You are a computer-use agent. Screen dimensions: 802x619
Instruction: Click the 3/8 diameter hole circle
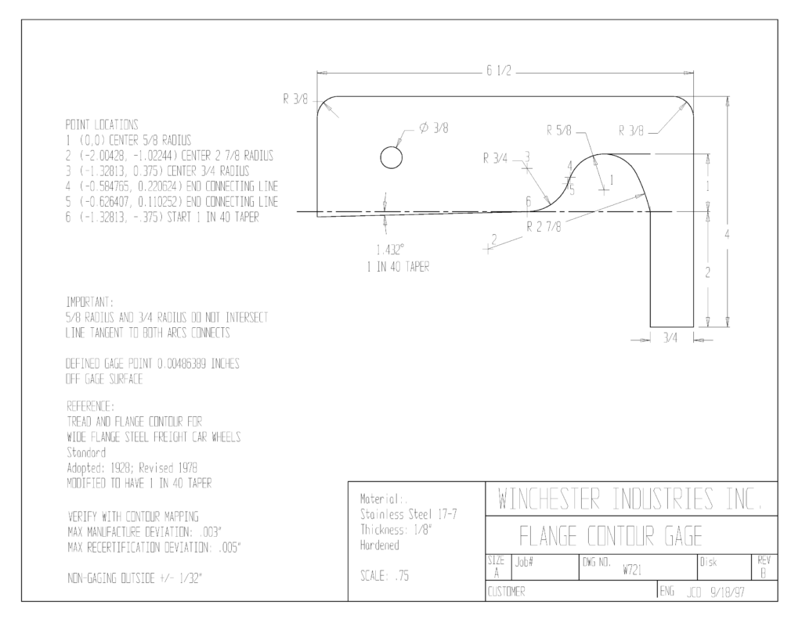tap(392, 146)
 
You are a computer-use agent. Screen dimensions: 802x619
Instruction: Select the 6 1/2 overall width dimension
tap(499, 71)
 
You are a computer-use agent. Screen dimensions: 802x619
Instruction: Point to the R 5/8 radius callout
tap(558, 131)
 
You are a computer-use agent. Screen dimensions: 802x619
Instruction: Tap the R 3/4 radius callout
tap(495, 158)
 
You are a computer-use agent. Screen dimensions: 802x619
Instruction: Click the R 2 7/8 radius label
tap(544, 226)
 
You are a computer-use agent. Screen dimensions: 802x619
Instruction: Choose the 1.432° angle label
tap(390, 250)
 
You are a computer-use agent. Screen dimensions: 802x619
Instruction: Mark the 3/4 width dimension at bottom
tap(670, 338)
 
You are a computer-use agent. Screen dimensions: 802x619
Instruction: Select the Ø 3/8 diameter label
tap(434, 128)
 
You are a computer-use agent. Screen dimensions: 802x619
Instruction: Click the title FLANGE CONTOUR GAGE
tap(610, 536)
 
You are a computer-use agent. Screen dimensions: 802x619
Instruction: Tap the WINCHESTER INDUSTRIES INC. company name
tap(630, 499)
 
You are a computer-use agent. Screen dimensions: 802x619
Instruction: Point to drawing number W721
tap(632, 570)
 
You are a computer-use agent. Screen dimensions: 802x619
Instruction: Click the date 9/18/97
tap(728, 592)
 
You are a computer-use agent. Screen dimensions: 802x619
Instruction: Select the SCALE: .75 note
tap(385, 576)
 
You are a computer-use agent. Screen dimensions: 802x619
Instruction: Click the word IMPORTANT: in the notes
tap(90, 301)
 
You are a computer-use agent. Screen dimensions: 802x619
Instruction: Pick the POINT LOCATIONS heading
tap(102, 124)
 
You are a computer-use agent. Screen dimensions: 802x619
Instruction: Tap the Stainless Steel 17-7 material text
tap(409, 514)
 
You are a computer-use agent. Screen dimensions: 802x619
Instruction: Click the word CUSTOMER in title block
tap(506, 592)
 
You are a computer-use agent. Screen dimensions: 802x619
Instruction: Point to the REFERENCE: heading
tap(91, 406)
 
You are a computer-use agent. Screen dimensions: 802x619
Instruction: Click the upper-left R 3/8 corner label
tap(295, 99)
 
